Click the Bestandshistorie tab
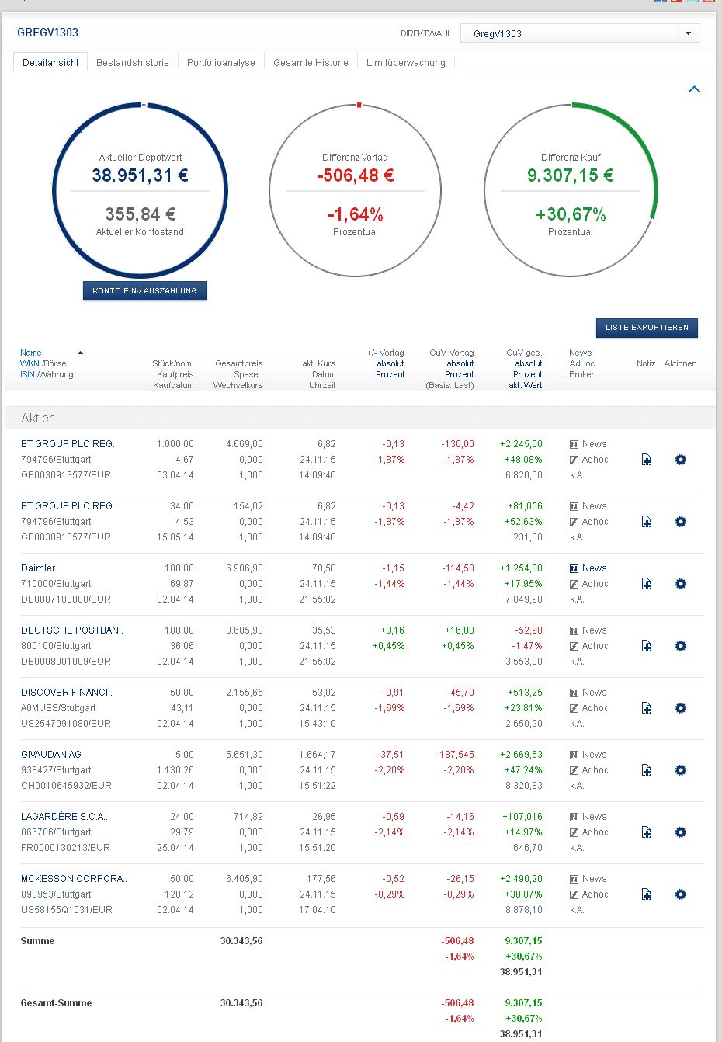133,63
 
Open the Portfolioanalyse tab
221,63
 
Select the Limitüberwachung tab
406,63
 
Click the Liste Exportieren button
647,328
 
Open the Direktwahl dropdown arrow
688,33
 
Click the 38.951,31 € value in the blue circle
140,175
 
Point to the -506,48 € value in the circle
355,175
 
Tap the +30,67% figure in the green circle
571,214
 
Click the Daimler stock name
38,568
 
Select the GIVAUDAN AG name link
51,755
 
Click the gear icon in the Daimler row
681,584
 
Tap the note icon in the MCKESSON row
646,894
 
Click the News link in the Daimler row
594,568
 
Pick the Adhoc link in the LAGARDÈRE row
595,832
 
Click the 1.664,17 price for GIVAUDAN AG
318,755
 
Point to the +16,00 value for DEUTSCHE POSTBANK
460,630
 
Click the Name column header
31,353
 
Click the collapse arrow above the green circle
694,89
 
